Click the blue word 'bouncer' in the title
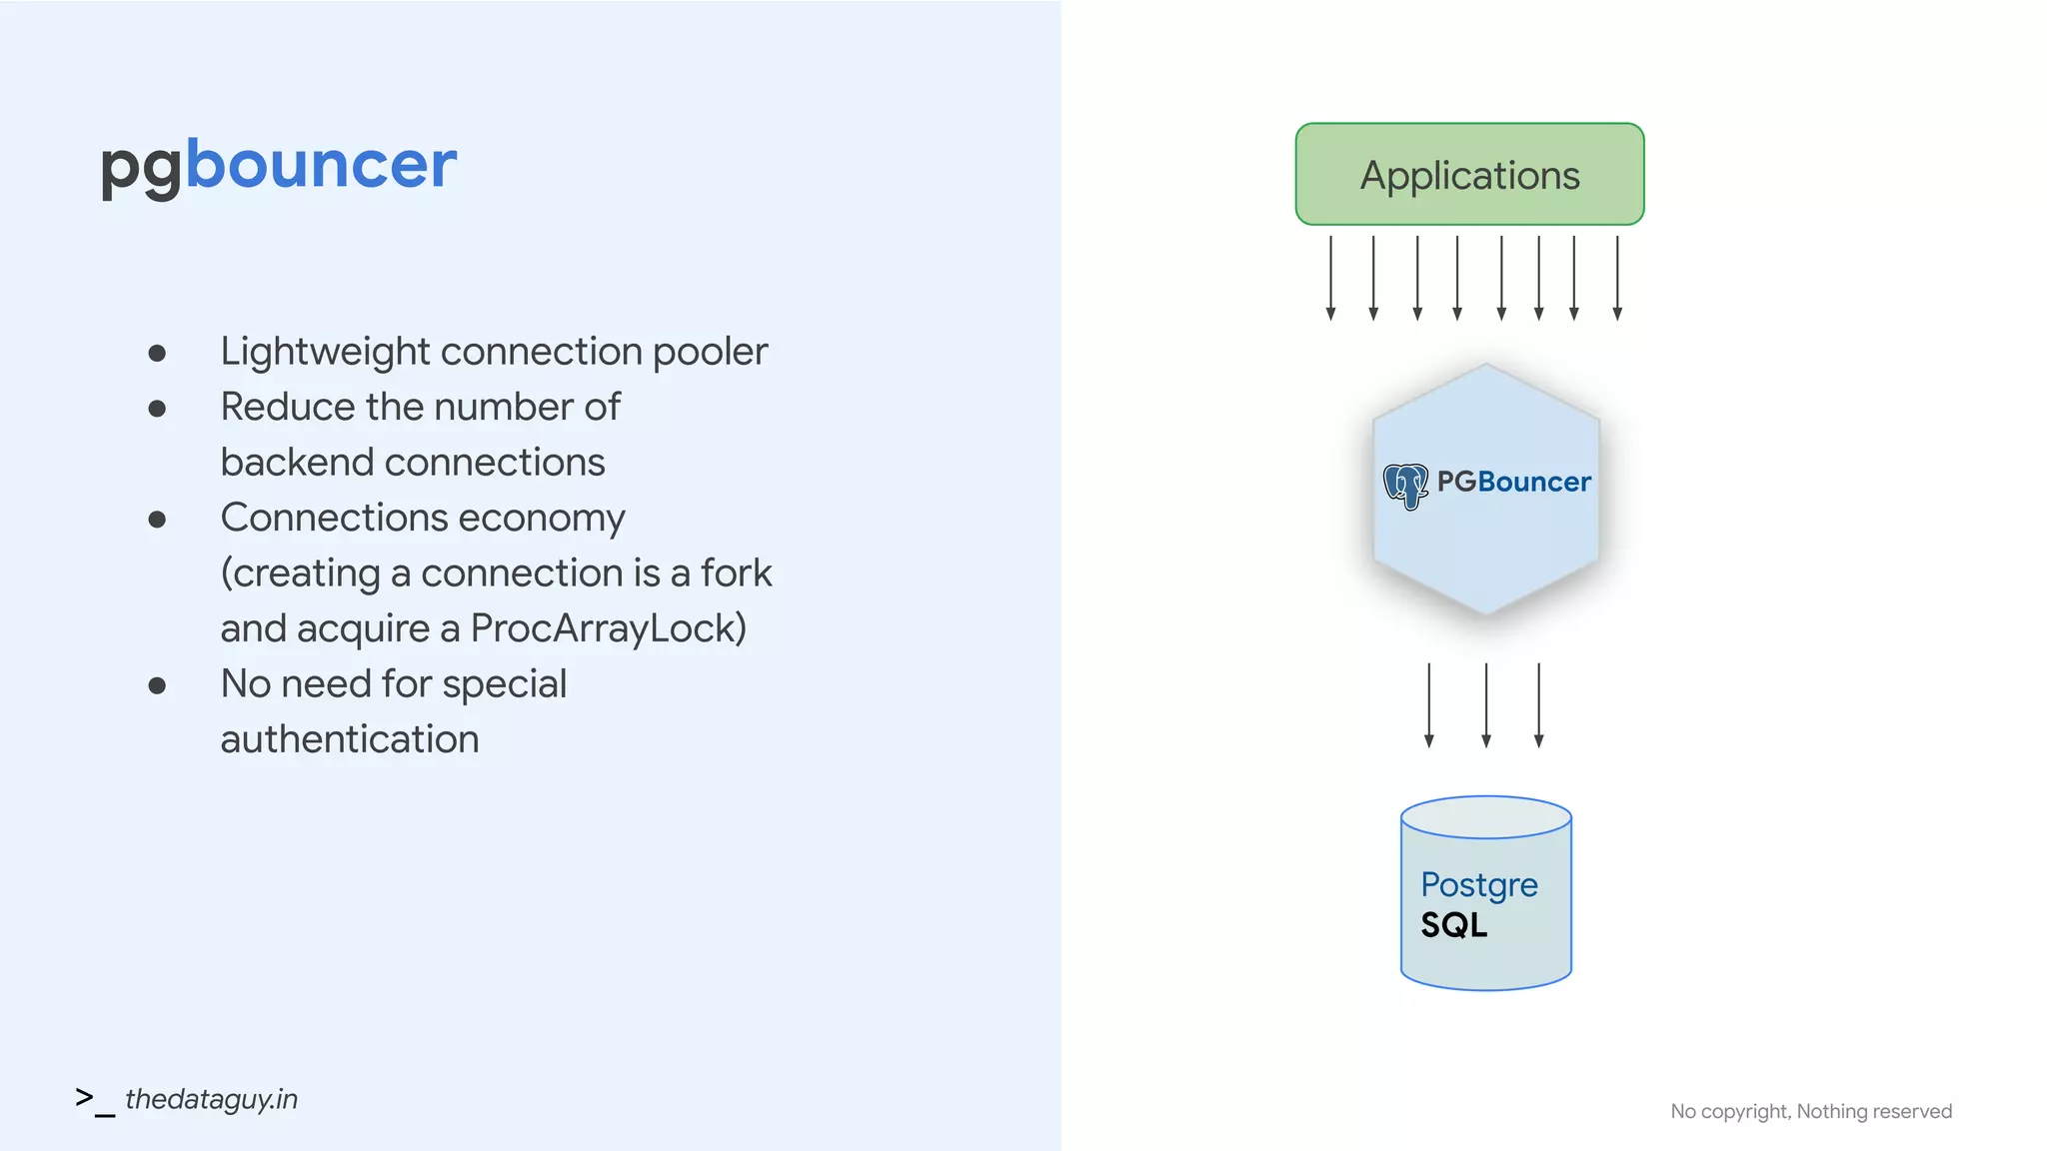(321, 165)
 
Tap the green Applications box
(1469, 175)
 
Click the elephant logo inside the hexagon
(1405, 486)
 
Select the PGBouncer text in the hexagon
(1513, 482)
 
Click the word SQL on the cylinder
(1453, 925)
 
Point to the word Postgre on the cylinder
(1478, 884)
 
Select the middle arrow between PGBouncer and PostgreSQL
(1486, 705)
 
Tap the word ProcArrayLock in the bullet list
(608, 628)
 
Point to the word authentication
(350, 739)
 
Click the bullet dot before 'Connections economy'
(157, 519)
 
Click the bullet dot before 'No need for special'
(157, 685)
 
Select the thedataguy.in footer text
(211, 1099)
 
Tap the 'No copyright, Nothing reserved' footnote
(1810, 1111)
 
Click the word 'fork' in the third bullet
(736, 574)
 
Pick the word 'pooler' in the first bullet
(710, 352)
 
